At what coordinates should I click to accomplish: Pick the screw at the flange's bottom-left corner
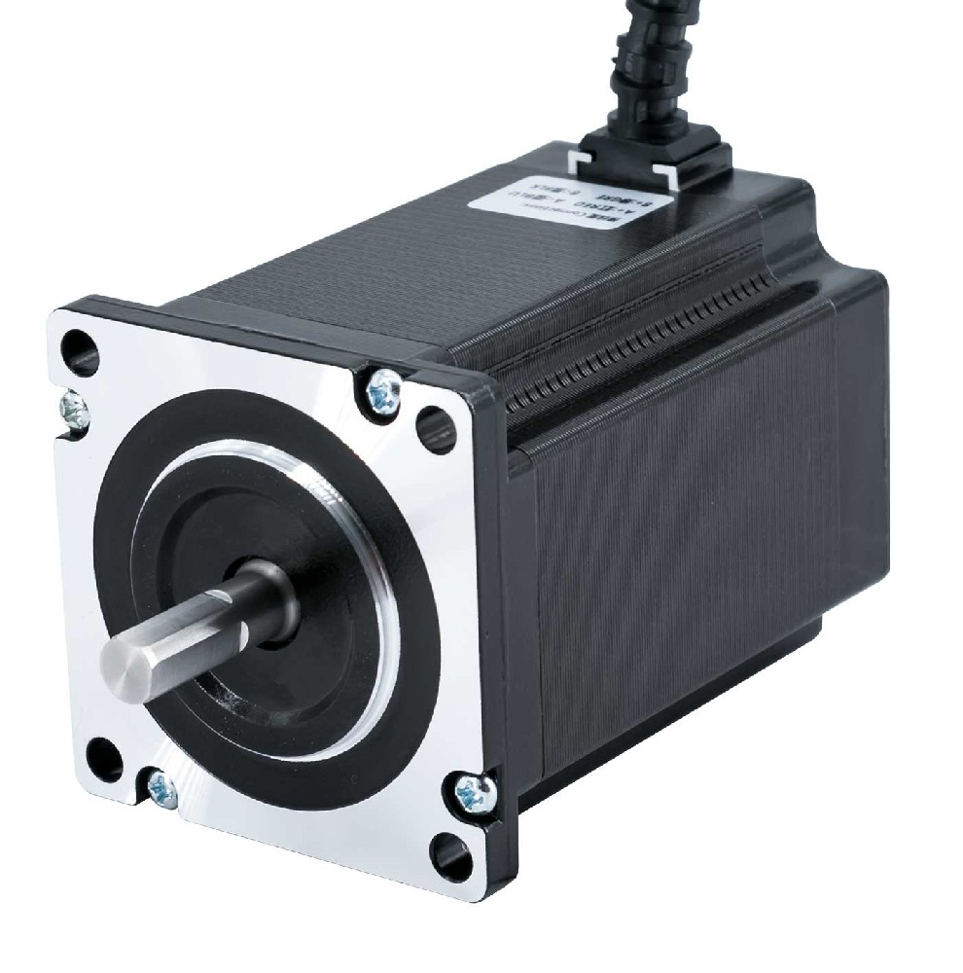click(160, 788)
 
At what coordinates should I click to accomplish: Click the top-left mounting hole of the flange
click(80, 348)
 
